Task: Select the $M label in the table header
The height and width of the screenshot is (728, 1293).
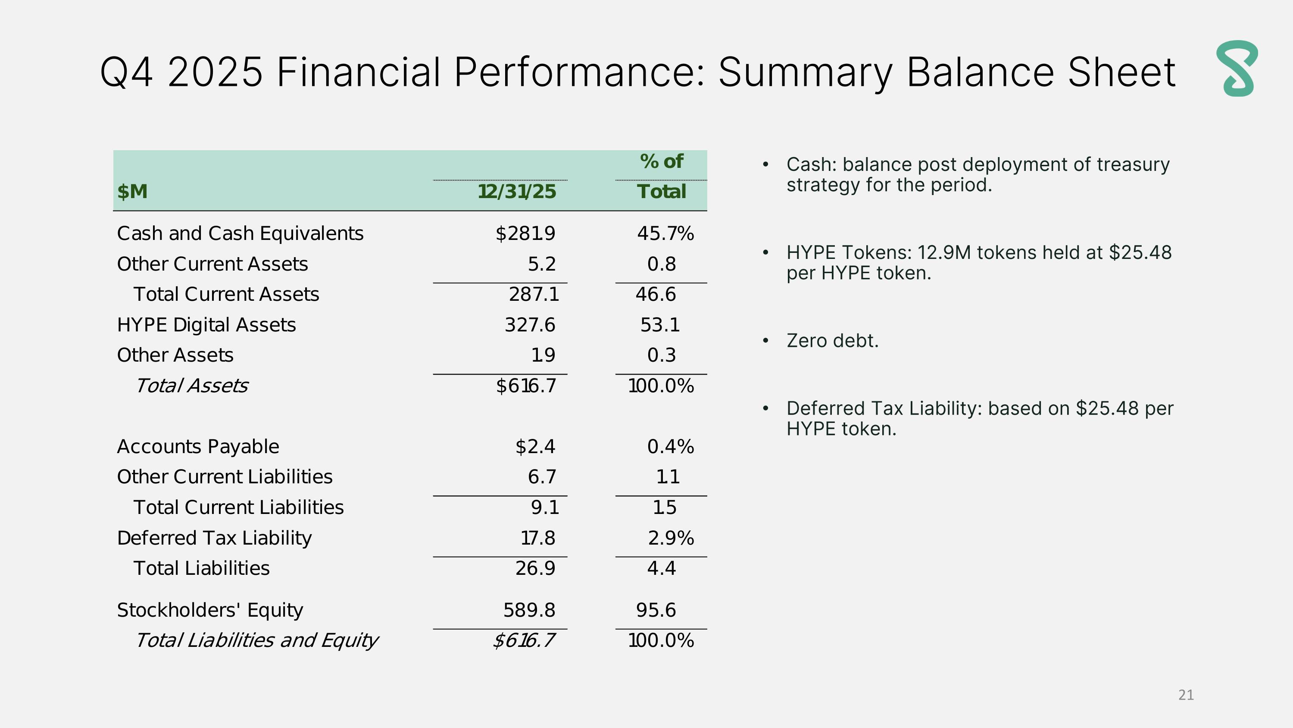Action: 132,192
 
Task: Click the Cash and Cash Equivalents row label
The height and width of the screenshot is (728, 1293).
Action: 240,233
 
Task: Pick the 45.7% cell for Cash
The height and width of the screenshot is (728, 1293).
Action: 665,233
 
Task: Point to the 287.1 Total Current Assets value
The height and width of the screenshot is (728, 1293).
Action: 534,294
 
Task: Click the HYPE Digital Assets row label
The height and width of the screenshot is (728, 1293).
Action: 206,325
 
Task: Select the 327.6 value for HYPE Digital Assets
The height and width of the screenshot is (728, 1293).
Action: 530,325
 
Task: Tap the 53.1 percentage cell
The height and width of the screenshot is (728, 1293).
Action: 659,325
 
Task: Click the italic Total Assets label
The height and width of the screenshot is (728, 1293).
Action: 191,386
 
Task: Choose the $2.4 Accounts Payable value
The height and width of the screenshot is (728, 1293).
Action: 535,447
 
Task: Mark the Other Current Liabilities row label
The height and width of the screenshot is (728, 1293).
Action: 225,477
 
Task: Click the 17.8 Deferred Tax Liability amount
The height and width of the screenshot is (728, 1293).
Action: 537,538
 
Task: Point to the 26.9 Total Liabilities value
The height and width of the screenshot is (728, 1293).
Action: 535,568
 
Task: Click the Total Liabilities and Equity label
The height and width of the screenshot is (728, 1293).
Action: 256,640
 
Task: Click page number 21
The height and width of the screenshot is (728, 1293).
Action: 1186,695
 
